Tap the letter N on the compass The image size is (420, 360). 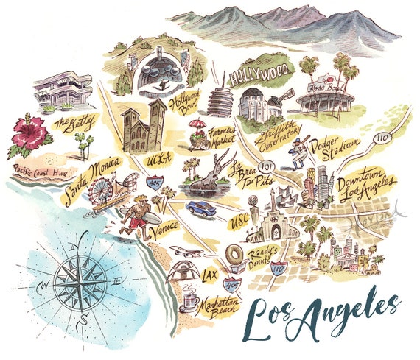pos(83,238)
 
